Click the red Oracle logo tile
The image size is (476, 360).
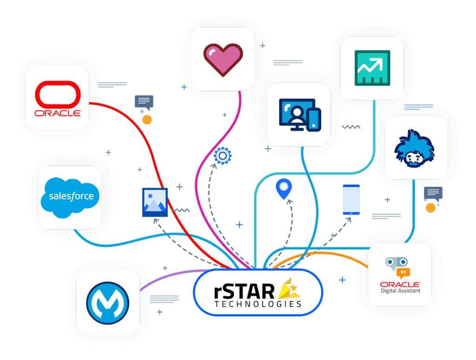point(58,98)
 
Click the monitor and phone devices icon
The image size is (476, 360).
point(299,114)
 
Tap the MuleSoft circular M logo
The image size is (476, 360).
point(108,302)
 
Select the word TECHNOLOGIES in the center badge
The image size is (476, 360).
point(258,304)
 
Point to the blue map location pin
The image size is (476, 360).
point(283,189)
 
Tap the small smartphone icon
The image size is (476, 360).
point(351,200)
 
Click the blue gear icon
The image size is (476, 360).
point(223,156)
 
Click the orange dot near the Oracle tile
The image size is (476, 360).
point(147,120)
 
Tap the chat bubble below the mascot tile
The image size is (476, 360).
point(433,192)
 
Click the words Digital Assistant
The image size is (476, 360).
point(400,291)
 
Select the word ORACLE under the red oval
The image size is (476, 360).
point(58,113)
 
